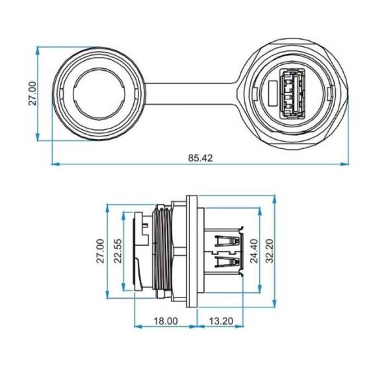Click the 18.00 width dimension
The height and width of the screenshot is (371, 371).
166,321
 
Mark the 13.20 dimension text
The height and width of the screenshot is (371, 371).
221,321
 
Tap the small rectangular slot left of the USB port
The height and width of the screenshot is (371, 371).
273,93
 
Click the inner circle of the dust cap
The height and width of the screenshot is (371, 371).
97,93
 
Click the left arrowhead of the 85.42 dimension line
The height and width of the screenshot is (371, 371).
55,164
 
